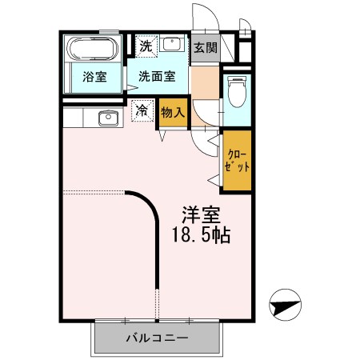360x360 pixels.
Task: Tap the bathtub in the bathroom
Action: click(x=91, y=50)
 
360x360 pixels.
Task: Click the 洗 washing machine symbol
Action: click(x=144, y=46)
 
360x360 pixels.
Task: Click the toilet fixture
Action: click(x=238, y=91)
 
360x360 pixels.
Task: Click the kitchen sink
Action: click(x=106, y=118)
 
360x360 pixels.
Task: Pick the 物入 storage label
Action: click(x=172, y=112)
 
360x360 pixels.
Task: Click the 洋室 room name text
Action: click(x=201, y=216)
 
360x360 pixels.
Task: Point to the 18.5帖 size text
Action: click(x=202, y=238)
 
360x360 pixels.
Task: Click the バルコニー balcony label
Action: click(x=157, y=338)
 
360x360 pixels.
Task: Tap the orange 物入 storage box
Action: click(x=172, y=112)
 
